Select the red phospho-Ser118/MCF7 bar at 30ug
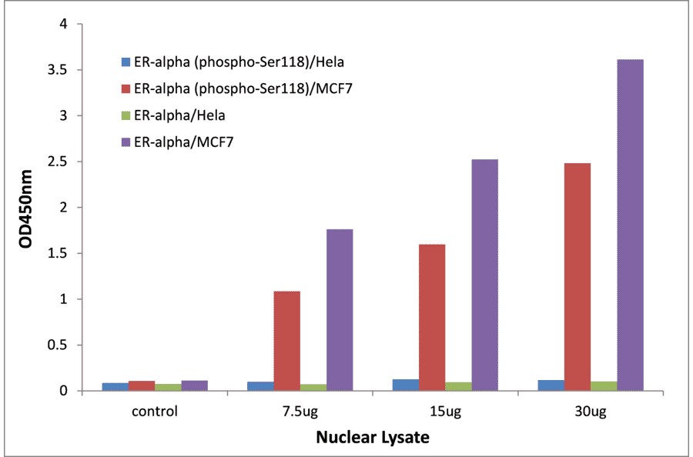point(577,277)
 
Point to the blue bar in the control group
point(115,386)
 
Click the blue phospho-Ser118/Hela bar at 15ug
point(406,385)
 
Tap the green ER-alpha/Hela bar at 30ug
point(604,386)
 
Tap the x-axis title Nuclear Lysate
point(372,438)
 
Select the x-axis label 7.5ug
point(300,411)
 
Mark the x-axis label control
point(155,411)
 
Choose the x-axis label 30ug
point(590,411)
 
